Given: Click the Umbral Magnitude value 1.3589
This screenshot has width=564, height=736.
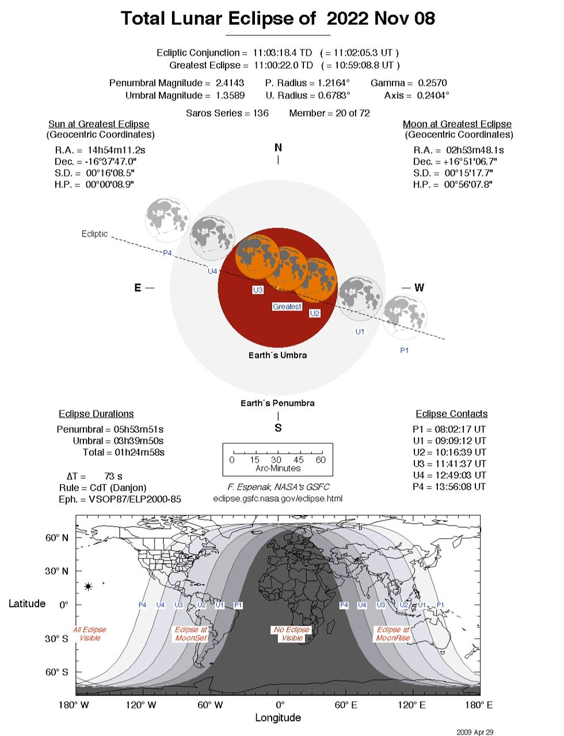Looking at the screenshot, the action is [x=230, y=96].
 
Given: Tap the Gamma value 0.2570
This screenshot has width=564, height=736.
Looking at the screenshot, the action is [x=432, y=83].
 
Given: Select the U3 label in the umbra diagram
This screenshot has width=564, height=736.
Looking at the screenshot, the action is [x=257, y=290].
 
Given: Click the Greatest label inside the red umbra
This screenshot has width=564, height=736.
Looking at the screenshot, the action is [x=287, y=307].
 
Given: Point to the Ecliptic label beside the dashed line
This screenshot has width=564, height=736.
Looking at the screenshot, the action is [x=94, y=234].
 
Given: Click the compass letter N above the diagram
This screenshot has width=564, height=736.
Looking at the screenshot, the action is [x=278, y=147].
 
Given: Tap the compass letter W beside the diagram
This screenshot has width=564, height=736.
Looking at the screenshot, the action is [x=418, y=288].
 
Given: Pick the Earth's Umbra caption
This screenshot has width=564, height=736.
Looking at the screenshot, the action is [x=277, y=355].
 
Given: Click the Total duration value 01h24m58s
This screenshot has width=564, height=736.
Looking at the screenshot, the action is [x=139, y=452].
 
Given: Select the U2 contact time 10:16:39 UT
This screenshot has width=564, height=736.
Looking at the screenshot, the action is [x=460, y=452].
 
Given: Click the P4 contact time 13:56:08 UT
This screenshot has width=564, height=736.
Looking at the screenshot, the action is [x=460, y=487].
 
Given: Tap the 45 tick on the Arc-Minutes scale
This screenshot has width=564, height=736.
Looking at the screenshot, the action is [x=299, y=460].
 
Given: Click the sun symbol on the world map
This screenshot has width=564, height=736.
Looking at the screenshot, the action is [x=88, y=586].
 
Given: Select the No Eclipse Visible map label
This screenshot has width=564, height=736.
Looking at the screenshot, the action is [x=291, y=634].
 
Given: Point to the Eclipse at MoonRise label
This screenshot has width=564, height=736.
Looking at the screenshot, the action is [x=393, y=634].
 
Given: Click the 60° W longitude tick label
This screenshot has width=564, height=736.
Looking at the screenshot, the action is [x=210, y=705].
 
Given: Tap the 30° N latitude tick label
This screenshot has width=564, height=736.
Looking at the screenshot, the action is [x=56, y=571].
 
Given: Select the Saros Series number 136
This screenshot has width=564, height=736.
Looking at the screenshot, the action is [x=261, y=113].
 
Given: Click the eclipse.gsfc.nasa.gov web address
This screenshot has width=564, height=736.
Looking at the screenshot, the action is [x=277, y=498].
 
